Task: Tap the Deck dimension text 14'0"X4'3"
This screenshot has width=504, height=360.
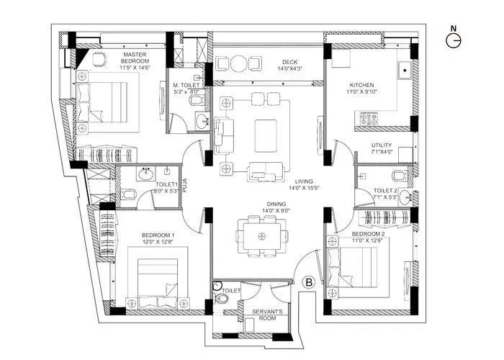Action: [x=290, y=69]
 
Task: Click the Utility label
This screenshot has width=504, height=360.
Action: [x=382, y=145]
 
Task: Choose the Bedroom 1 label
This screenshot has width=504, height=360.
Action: [x=158, y=235]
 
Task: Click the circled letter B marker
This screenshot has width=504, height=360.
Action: [x=309, y=283]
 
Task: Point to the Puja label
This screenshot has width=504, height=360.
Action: [x=185, y=186]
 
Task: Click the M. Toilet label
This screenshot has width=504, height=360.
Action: [x=186, y=86]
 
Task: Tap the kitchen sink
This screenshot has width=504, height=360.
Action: [x=405, y=71]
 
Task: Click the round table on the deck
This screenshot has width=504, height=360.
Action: [x=236, y=63]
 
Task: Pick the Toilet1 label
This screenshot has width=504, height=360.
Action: [x=166, y=184]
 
